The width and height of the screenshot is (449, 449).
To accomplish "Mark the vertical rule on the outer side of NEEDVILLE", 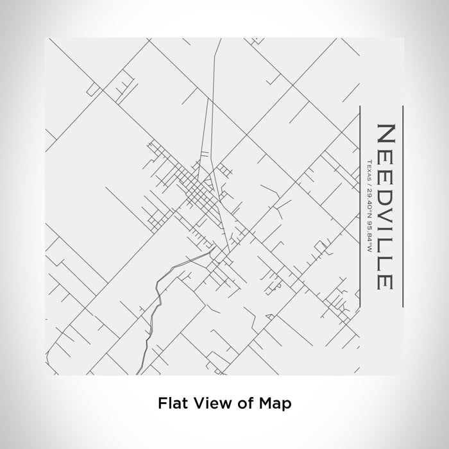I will [402, 205].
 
